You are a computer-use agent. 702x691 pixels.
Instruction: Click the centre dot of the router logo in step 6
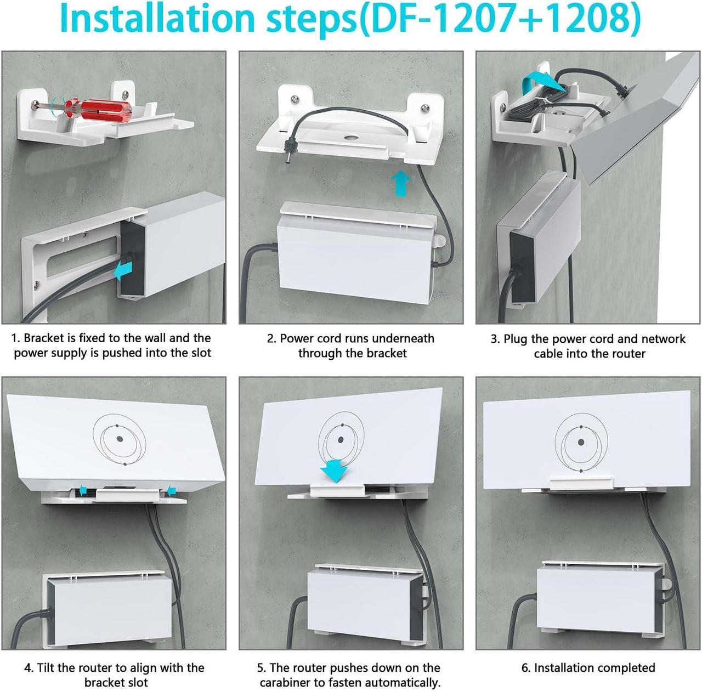click(x=581, y=442)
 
